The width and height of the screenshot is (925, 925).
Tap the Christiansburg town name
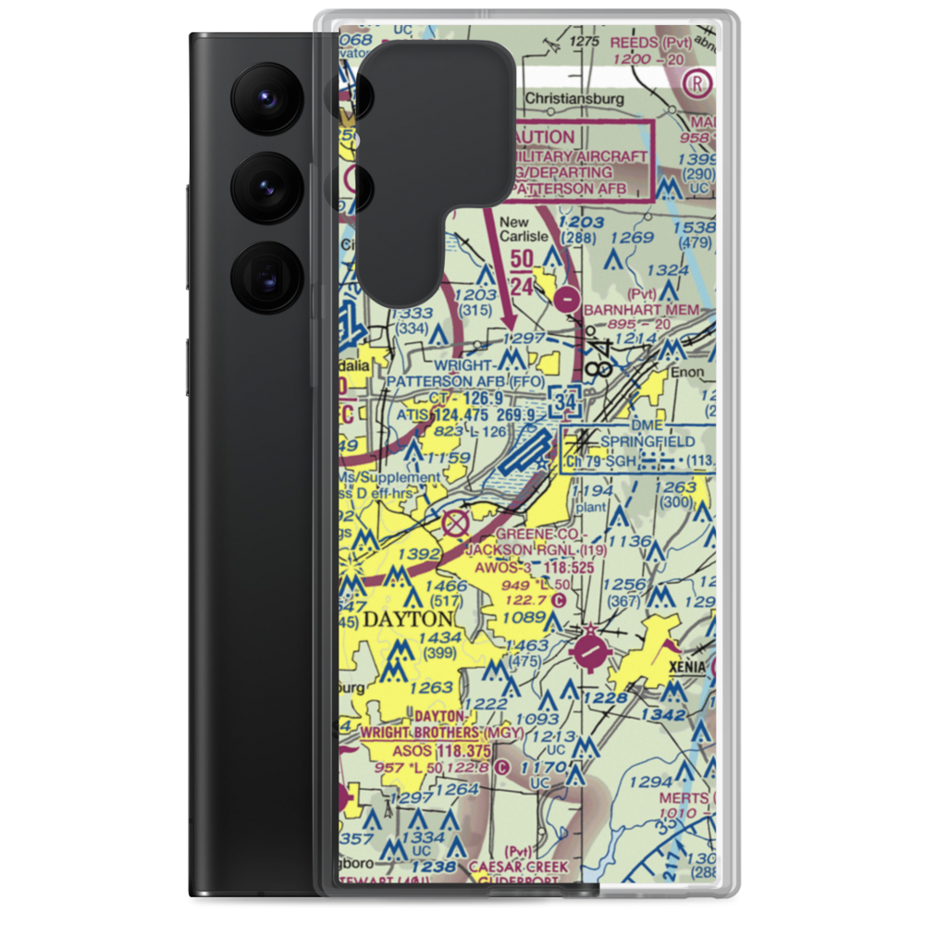(573, 99)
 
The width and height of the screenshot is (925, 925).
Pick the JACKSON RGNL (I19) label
(523, 549)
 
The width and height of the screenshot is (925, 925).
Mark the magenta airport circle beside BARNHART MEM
(567, 299)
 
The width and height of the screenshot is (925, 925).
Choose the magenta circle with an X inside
(455, 524)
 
